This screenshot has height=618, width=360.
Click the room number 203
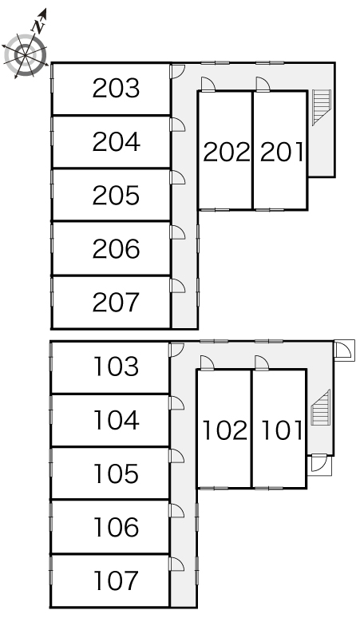pos(116,89)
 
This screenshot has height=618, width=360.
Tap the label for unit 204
pos(116,142)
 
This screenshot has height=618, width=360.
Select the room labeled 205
pos(116,196)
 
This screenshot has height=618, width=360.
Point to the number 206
pos(116,248)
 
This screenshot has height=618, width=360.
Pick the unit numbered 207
pos(116,303)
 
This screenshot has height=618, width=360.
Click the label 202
pos(226,153)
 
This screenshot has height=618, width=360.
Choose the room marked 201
pos(282,153)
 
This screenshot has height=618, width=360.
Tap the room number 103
pos(116,366)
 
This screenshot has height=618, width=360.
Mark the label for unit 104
pos(116,420)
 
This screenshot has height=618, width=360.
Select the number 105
pos(116,473)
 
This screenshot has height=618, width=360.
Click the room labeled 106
pos(116,527)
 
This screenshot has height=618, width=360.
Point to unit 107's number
pos(116,580)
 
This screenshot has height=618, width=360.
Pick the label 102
pos(225,430)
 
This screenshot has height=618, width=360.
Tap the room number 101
pos(282,430)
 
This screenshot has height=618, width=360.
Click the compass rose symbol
pos(25,55)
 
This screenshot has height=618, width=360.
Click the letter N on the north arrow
pos(38,26)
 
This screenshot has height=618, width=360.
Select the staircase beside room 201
pos(322,107)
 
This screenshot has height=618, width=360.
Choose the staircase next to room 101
pos(320,407)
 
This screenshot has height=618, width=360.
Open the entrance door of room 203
pos(177,71)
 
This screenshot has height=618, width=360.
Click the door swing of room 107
pos(176,564)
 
